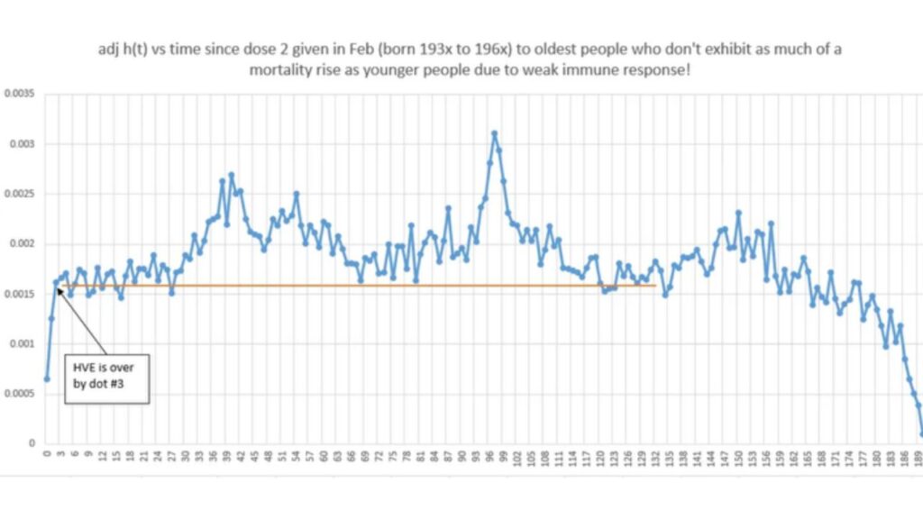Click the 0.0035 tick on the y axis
(18, 93)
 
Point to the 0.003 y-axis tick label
(21, 143)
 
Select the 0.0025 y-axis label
(18, 194)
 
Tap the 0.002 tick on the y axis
(21, 243)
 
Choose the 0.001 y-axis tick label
(21, 343)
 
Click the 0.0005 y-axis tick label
(18, 394)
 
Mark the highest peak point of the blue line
(494, 133)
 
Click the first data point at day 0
(47, 378)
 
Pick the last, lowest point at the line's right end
(922, 433)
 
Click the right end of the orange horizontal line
(654, 287)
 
